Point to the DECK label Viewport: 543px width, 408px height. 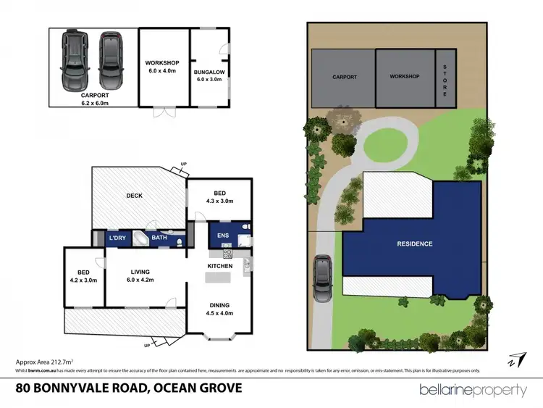(x=134, y=195)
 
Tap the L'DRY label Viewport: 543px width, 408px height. (x=117, y=238)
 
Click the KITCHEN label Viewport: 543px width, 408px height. (x=220, y=266)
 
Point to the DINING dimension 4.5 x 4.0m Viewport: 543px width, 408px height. (x=220, y=315)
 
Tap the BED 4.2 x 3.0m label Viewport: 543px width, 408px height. (x=83, y=280)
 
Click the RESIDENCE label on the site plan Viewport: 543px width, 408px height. (x=413, y=244)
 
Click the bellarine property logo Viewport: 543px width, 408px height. (x=473, y=390)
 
